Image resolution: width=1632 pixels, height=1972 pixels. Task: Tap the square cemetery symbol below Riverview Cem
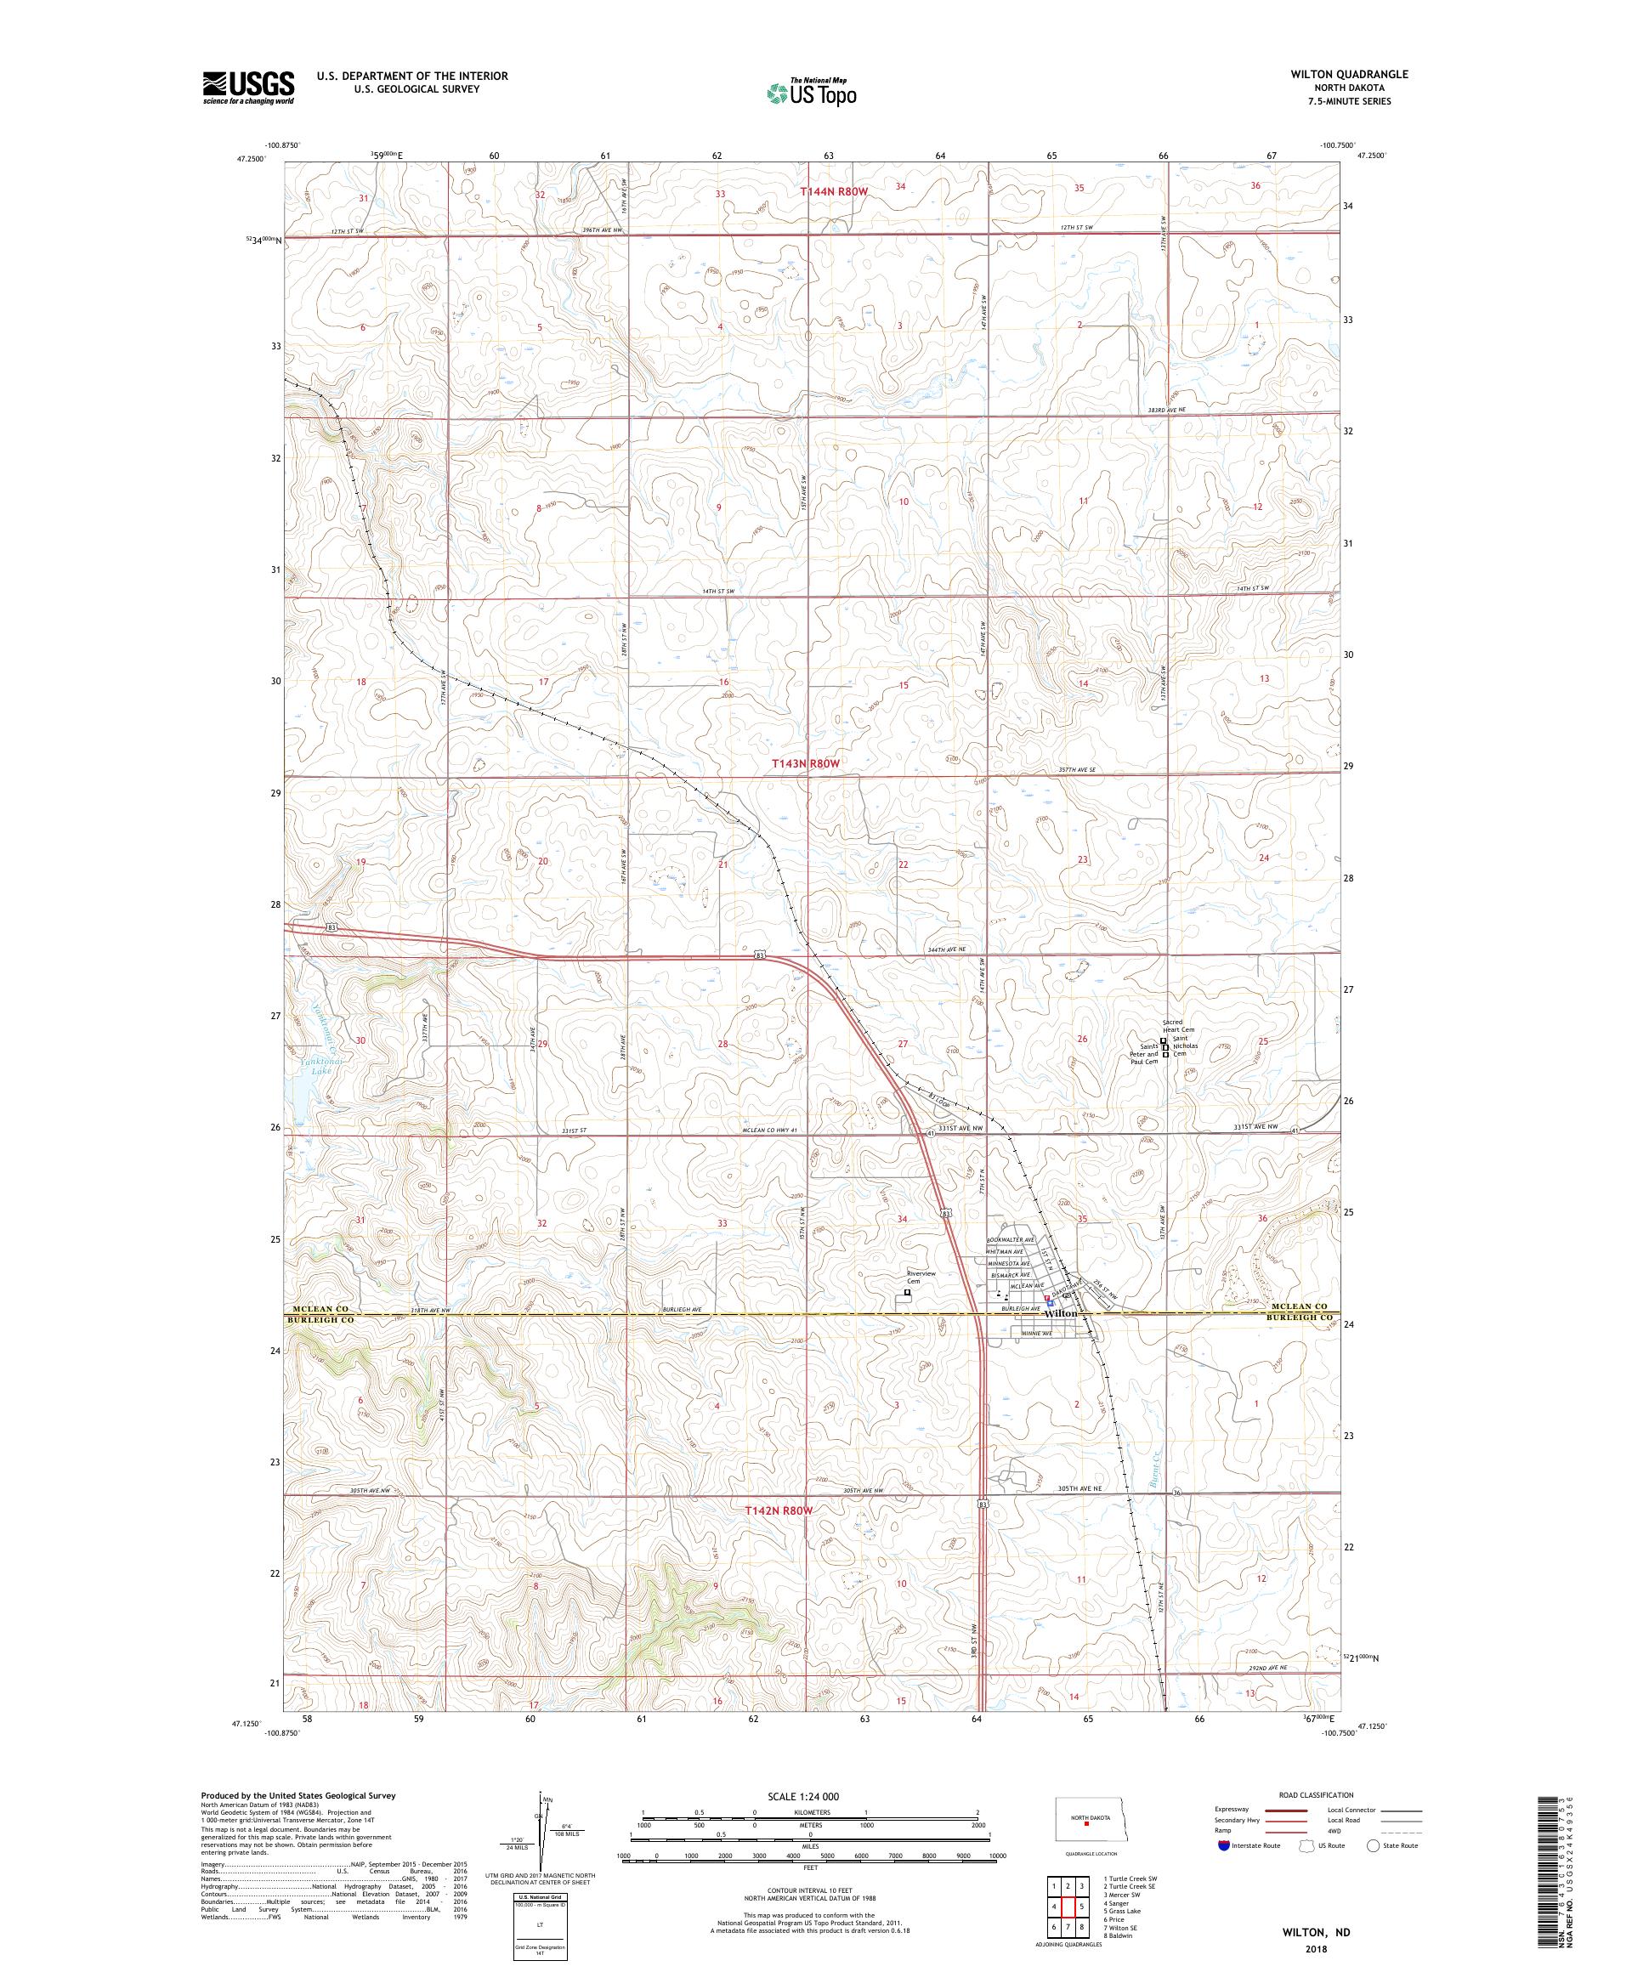(907, 1292)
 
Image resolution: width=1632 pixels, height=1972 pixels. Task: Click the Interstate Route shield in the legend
(1223, 1844)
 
